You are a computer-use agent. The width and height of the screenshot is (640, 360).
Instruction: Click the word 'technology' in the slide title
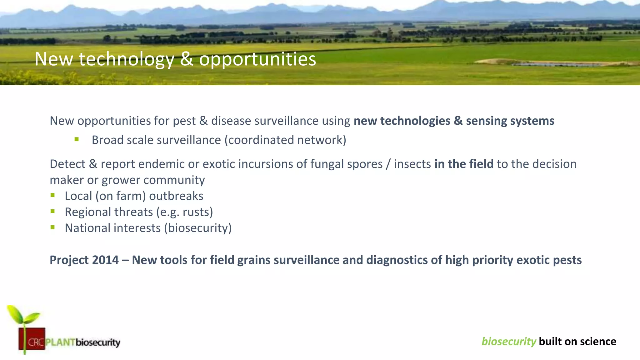(x=126, y=59)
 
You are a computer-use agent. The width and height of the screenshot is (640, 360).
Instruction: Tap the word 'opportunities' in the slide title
(x=257, y=59)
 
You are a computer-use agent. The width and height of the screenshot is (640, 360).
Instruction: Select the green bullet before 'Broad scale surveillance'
(x=77, y=139)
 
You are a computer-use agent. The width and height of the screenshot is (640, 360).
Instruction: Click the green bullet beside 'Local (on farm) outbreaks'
(x=52, y=196)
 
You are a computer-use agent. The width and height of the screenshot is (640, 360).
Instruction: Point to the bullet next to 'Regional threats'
(x=52, y=212)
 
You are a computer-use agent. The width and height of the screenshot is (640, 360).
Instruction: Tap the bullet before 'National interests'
(x=52, y=227)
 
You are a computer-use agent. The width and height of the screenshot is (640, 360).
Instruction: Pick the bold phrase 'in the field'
(x=464, y=164)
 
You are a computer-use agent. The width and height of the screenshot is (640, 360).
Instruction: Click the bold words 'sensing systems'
(x=510, y=121)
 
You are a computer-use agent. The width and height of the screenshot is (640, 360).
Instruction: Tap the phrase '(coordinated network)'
(x=285, y=140)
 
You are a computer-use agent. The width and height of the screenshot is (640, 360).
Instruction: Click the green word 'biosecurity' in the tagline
(x=508, y=341)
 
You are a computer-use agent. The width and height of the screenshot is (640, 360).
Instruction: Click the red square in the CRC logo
(x=32, y=339)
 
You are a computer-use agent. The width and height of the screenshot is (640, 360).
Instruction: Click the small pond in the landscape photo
(x=559, y=64)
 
